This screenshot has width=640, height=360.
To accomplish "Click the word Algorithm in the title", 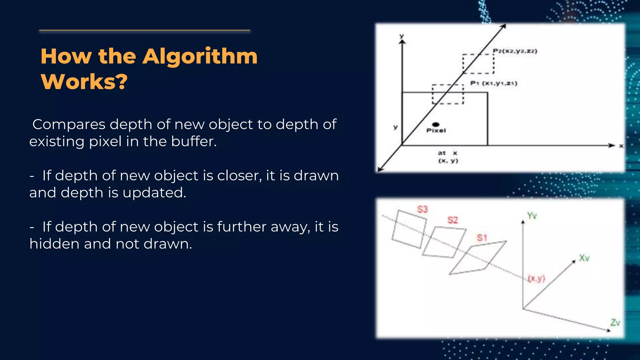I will pyautogui.click(x=200, y=57).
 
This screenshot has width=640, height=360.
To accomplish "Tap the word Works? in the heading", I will pyautogui.click(x=84, y=82).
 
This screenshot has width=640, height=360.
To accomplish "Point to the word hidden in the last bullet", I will pyautogui.click(x=54, y=244).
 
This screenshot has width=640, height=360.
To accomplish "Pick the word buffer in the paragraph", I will pyautogui.click(x=194, y=142).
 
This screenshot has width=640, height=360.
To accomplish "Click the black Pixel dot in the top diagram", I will pyautogui.click(x=436, y=125).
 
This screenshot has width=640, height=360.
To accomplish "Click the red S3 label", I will pyautogui.click(x=422, y=209).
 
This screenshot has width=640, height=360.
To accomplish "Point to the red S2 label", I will pyautogui.click(x=452, y=220).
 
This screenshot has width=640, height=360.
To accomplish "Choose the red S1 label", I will pyautogui.click(x=482, y=238).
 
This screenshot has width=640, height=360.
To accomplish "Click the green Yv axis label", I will pyautogui.click(x=532, y=216).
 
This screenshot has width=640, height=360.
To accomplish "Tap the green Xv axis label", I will pyautogui.click(x=584, y=258).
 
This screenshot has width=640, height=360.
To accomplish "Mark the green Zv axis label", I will pyautogui.click(x=615, y=322).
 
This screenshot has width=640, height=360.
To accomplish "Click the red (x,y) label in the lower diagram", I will pyautogui.click(x=536, y=278).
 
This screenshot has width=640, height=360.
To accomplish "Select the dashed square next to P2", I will pyautogui.click(x=478, y=64).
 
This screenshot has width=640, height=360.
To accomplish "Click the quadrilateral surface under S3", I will pyautogui.click(x=409, y=229).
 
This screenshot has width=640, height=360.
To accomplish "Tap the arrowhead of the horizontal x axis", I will pyautogui.click(x=612, y=145).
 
